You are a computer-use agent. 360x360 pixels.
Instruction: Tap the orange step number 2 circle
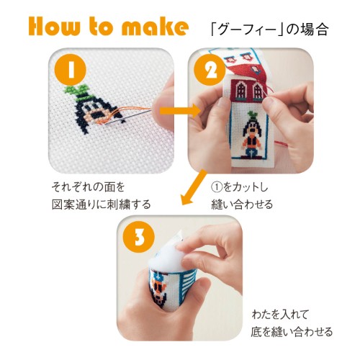pos(210,70)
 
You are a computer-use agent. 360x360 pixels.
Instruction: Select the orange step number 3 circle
pos(138,237)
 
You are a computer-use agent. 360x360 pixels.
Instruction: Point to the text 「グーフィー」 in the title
pos(247,30)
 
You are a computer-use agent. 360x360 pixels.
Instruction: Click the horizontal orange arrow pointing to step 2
pos(180,111)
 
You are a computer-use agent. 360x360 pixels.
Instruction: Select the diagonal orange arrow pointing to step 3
pos(193,188)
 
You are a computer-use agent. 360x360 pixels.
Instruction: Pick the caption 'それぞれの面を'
pos(89,186)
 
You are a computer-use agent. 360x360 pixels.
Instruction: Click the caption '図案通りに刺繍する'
pos(102,204)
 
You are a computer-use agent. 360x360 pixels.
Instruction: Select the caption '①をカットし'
pos(240,187)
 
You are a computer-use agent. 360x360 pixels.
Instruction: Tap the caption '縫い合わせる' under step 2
pos(242,204)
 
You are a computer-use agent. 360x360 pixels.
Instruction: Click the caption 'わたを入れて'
pos(280,315)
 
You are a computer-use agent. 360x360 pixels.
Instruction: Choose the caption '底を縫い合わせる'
pos(292,332)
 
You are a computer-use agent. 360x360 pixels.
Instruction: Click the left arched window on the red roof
pos(240,90)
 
